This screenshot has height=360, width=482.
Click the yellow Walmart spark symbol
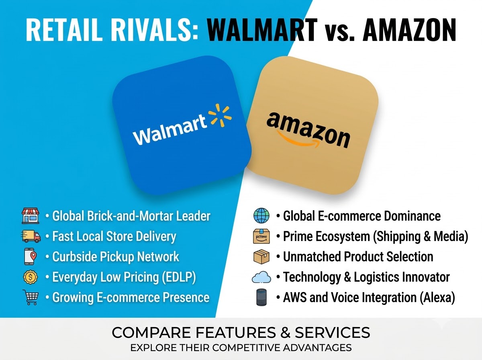(220, 115)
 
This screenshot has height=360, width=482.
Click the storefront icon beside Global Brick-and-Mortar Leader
(31, 216)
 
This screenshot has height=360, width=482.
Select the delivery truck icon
(31, 236)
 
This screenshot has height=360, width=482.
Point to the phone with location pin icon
(30, 256)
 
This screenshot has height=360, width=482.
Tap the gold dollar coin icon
(30, 277)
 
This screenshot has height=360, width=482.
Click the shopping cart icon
(31, 297)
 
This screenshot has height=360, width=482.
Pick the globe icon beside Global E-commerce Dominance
(261, 215)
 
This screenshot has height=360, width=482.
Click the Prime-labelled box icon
(261, 236)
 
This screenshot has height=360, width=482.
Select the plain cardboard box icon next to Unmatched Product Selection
(261, 257)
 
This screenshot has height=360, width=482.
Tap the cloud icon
(261, 277)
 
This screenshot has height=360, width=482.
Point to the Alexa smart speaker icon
(261, 297)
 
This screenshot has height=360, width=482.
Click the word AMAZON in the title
(409, 30)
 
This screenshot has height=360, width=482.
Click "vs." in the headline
(339, 33)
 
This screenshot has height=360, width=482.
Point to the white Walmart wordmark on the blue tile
(170, 130)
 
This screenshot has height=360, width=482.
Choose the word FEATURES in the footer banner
(235, 333)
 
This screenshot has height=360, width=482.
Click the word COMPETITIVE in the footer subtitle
(247, 348)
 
